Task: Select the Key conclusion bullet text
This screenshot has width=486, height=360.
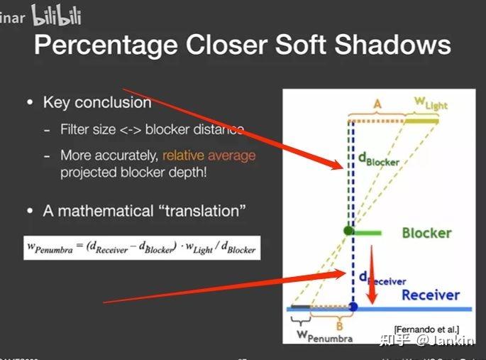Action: pyautogui.click(x=97, y=102)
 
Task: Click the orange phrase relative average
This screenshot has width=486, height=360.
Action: pyautogui.click(x=209, y=155)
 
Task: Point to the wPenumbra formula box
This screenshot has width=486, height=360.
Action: pyautogui.click(x=142, y=248)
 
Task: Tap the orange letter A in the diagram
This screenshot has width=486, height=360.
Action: pyautogui.click(x=377, y=104)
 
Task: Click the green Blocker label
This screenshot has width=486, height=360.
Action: pyautogui.click(x=426, y=233)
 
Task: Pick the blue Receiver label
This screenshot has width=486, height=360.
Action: pyautogui.click(x=430, y=295)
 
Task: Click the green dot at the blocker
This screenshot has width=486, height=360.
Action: pyautogui.click(x=348, y=231)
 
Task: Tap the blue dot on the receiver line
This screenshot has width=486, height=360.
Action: pyautogui.click(x=353, y=307)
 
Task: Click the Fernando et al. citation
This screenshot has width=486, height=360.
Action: pyautogui.click(x=426, y=328)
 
